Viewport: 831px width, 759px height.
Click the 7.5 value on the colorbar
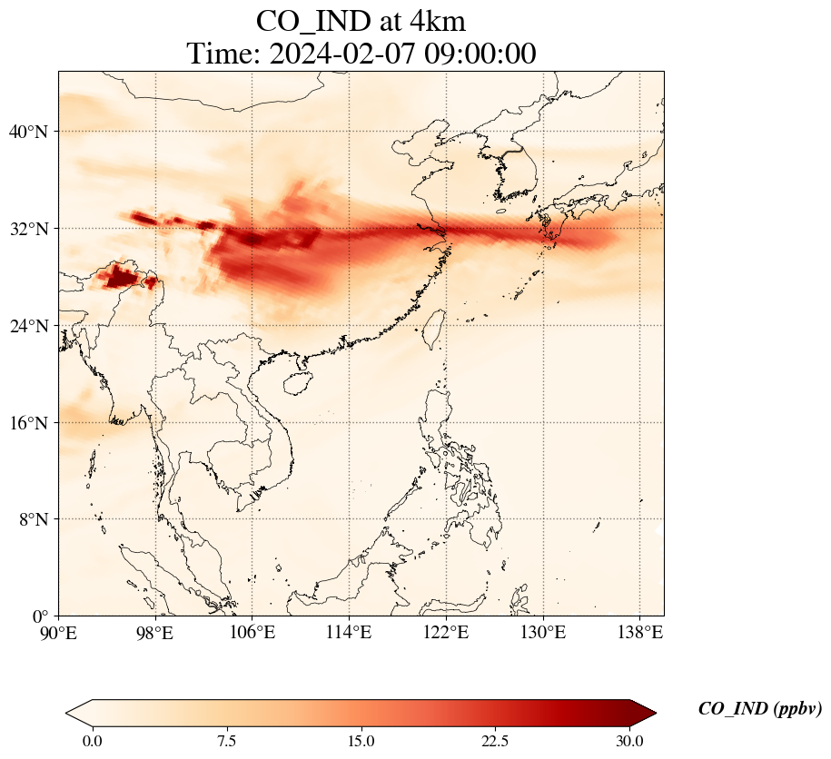(x=226, y=741)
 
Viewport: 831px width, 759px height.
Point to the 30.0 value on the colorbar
(x=629, y=741)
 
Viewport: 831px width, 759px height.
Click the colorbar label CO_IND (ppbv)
(x=759, y=710)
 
